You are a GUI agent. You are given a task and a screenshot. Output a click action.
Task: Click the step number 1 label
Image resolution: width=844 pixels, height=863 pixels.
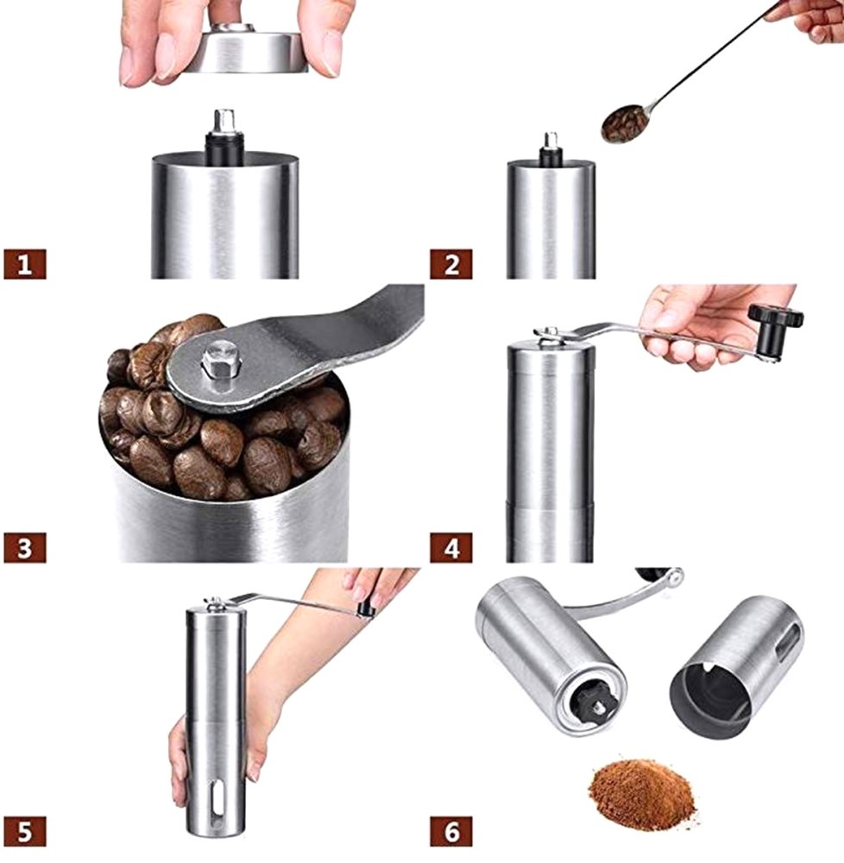(24, 263)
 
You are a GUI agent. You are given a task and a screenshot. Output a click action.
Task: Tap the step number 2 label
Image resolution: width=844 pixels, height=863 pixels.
(450, 263)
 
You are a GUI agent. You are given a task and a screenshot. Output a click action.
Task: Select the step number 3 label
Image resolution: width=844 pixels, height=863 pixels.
(24, 547)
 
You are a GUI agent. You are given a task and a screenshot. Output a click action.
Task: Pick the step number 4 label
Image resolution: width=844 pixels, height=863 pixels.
(450, 547)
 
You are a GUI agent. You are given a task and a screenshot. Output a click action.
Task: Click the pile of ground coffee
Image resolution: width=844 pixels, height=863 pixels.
(640, 792)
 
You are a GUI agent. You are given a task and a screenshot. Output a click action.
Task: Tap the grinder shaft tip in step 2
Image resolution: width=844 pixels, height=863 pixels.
(551, 140)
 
